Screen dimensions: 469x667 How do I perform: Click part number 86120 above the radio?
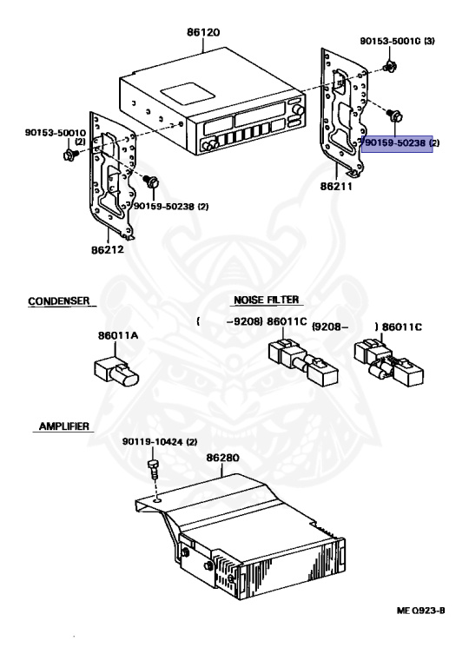[203, 32]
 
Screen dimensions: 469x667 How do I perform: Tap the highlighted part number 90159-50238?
[395, 143]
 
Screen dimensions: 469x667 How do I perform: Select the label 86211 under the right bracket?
[336, 186]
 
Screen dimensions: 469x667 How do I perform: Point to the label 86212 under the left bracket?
[107, 249]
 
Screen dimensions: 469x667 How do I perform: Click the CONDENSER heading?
[59, 301]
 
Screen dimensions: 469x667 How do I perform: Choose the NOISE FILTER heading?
[267, 300]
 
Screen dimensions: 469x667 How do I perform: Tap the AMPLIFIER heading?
[64, 426]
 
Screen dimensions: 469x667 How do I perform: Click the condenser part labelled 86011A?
[116, 372]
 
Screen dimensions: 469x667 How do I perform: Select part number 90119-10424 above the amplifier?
[154, 442]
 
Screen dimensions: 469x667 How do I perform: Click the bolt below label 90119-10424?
[153, 469]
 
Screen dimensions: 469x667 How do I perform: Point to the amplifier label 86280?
[222, 459]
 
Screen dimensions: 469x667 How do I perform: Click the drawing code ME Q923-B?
[421, 611]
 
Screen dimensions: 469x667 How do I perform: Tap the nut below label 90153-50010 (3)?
[389, 67]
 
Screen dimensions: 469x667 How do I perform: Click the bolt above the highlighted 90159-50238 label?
[394, 116]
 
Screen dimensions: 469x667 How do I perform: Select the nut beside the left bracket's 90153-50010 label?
[69, 154]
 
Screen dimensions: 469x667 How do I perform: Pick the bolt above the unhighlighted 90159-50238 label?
[151, 182]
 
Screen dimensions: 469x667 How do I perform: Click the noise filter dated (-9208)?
[303, 362]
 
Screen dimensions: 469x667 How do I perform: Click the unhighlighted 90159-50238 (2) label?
[171, 207]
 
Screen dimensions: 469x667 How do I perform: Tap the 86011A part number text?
[118, 335]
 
